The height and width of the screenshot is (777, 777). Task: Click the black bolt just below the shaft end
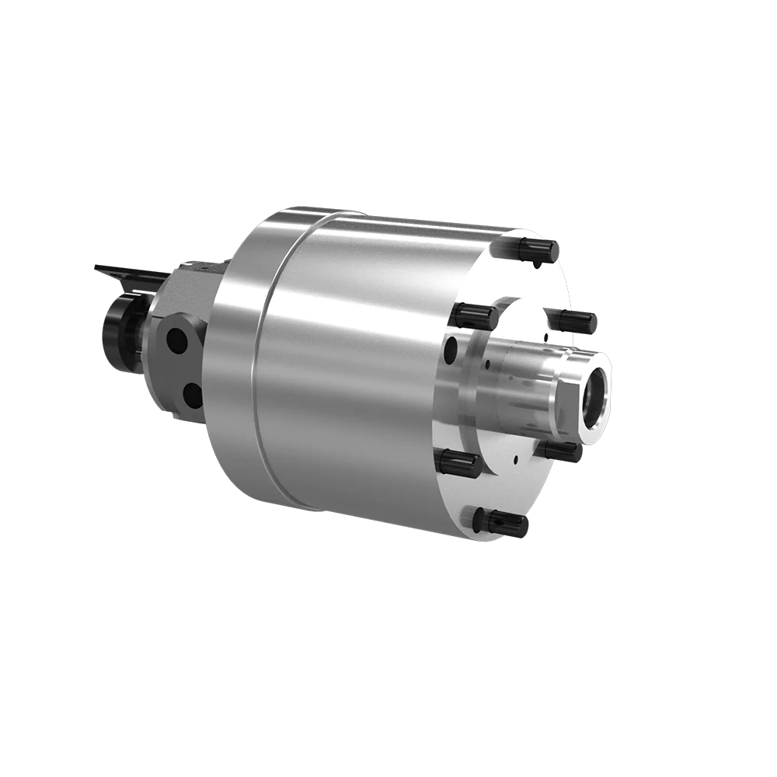click(559, 450)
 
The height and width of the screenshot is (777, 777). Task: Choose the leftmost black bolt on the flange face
click(458, 463)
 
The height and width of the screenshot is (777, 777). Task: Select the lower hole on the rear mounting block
click(192, 396)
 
